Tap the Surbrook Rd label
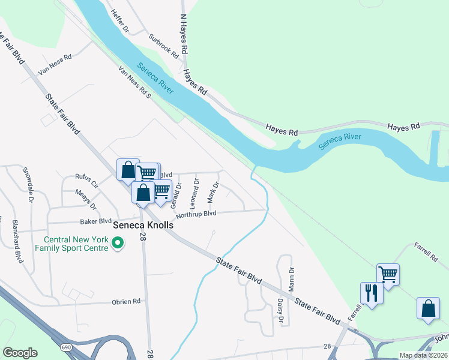(164, 45)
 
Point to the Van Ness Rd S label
(134, 83)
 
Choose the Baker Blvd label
(96, 221)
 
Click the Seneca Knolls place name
(143, 225)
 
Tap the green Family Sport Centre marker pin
(118, 243)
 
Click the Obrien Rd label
(125, 301)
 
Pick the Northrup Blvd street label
(196, 214)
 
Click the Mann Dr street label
(291, 278)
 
